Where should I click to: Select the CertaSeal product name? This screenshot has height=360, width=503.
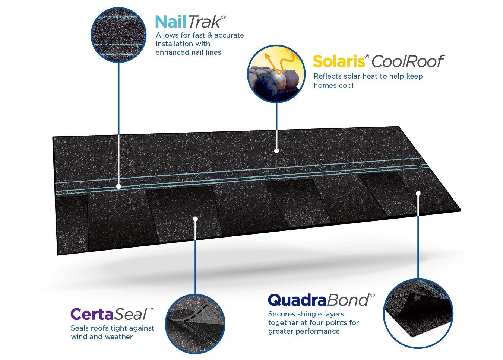pos(111,314)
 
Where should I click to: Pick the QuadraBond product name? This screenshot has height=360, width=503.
pos(320,300)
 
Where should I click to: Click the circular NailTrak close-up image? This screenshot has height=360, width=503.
pos(118,35)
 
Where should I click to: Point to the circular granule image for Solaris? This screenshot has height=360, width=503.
pos(276,74)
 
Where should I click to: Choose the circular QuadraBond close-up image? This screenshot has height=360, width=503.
pos(418,313)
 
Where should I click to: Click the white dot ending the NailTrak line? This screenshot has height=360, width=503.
pos(118,186)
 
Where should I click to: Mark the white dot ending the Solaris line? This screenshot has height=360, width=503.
pos(276,151)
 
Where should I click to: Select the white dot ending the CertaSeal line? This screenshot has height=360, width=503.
pos(195,219)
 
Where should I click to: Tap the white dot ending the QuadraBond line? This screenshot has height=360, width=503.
pos(418,193)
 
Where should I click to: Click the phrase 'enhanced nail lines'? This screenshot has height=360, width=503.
pos(188,52)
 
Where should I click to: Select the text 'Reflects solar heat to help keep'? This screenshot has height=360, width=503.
pos(368,76)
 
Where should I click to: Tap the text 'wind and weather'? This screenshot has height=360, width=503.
pos(102,337)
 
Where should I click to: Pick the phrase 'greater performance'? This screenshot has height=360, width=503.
pos(304,331)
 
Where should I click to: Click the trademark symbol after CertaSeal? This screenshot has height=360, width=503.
pos(151,309)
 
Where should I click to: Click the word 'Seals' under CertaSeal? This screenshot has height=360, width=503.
pos(79,328)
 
